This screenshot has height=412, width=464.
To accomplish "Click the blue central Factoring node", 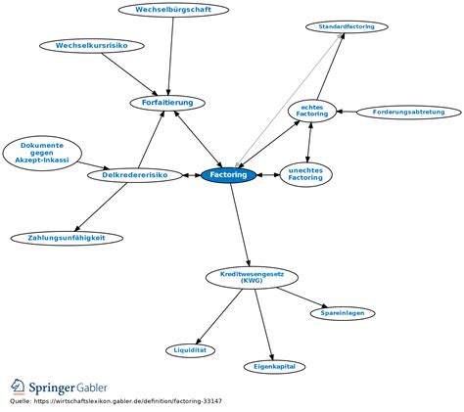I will (228, 175).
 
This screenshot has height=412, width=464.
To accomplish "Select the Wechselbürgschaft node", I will (173, 10).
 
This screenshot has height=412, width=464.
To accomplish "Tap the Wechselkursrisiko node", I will (92, 46).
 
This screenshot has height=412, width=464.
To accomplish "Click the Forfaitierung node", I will (167, 102).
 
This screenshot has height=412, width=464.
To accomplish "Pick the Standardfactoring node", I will (346, 26).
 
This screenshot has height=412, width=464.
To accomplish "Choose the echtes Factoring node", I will (312, 112).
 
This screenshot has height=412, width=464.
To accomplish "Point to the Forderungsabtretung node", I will (408, 113).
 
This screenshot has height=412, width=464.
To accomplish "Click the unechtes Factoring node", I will (306, 174).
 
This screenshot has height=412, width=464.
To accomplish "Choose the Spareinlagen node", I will (342, 313).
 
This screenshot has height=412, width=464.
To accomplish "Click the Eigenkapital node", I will (275, 366).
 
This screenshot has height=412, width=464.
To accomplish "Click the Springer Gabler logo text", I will (73, 388).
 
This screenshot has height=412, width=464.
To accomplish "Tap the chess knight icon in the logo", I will (19, 387).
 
